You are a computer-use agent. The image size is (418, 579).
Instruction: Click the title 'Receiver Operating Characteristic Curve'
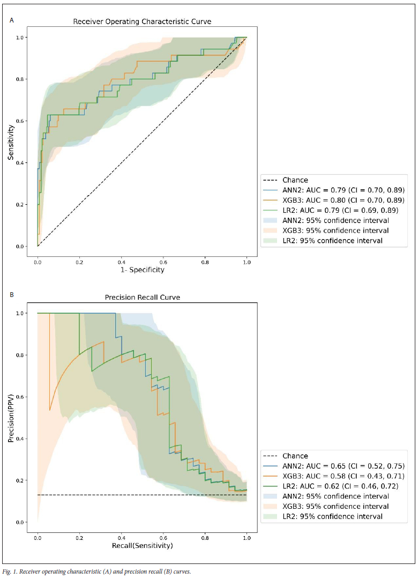click(x=143, y=22)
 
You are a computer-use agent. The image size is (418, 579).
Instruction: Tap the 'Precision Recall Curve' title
click(x=142, y=298)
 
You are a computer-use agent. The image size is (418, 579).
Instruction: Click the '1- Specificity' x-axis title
click(x=142, y=270)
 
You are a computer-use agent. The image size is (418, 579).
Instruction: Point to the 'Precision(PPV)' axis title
click(x=11, y=417)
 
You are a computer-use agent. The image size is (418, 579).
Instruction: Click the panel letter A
click(x=12, y=20)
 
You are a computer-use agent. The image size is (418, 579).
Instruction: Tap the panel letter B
click(x=12, y=294)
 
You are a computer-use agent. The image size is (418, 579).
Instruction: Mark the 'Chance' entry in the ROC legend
click(x=295, y=180)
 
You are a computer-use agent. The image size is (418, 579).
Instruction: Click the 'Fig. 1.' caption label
click(x=10, y=571)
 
